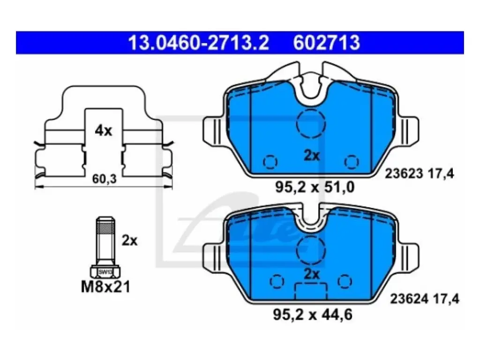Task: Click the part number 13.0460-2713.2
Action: (x=198, y=43)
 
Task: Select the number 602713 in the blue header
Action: (x=326, y=43)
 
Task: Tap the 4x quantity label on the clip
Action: (x=103, y=131)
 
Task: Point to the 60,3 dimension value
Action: (x=105, y=179)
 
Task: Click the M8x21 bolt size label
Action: (x=105, y=287)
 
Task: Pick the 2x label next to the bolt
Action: (x=129, y=240)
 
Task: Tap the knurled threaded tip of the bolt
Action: (x=105, y=229)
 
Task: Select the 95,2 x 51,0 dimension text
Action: (x=315, y=187)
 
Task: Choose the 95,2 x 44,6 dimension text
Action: (x=313, y=315)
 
